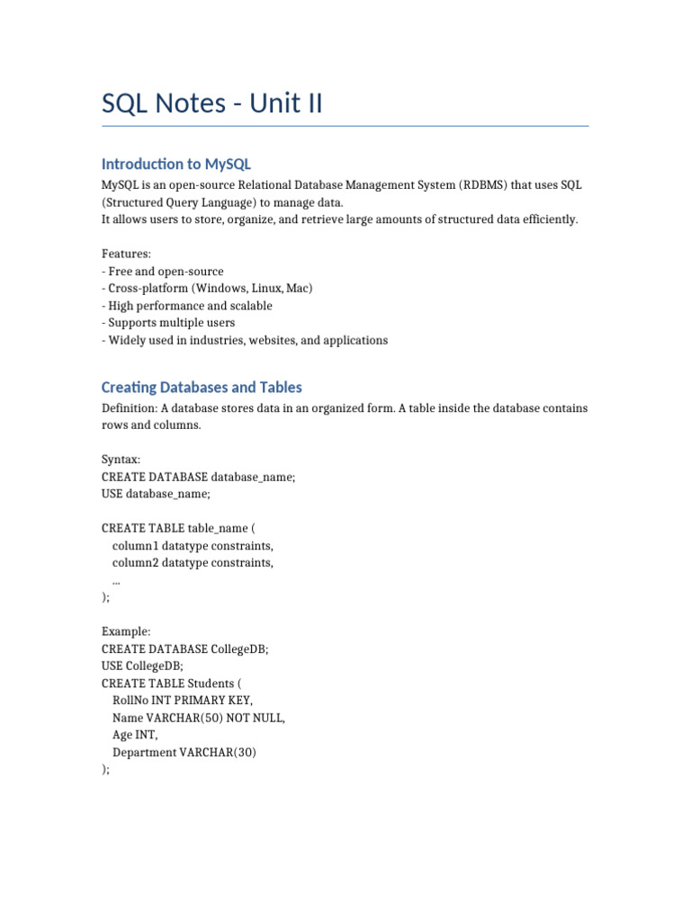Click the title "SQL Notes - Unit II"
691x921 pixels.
[x=211, y=104]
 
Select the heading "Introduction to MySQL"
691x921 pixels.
[x=176, y=164]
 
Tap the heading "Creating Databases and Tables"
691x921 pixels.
[x=202, y=388]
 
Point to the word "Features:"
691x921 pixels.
[x=126, y=255]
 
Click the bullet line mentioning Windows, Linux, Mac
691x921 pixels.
[x=208, y=289]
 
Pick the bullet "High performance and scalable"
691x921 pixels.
[x=187, y=306]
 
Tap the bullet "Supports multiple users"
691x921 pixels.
[x=168, y=323]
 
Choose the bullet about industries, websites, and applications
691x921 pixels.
[x=245, y=340]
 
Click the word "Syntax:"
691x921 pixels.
[x=121, y=460]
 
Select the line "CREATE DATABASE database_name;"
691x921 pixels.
[x=198, y=477]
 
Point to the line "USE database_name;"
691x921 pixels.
[x=156, y=494]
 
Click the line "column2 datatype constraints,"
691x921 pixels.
[x=193, y=563]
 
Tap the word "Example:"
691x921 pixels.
[x=126, y=632]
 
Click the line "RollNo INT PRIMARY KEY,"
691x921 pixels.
[x=183, y=701]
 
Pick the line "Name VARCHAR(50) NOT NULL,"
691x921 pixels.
[x=198, y=718]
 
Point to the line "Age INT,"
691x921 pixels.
[x=136, y=735]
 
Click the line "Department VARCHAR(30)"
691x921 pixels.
[x=184, y=752]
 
